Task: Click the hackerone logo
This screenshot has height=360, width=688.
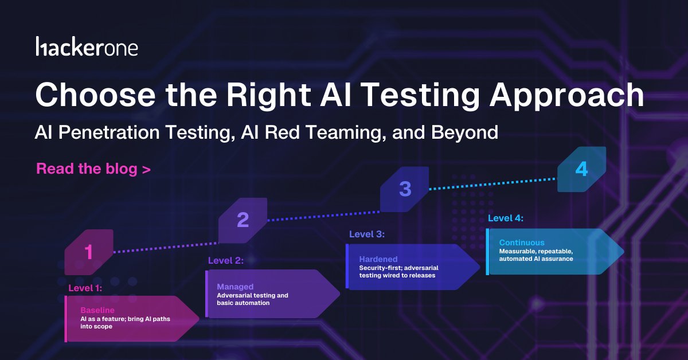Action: (87, 47)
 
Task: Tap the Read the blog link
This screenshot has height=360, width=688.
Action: (93, 169)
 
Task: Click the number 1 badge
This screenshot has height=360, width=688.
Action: (89, 252)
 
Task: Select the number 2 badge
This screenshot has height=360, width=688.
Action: (243, 220)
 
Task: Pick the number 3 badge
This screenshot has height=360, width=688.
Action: (405, 189)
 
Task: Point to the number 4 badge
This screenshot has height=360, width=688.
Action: (581, 169)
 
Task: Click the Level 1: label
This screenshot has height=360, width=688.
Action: (85, 288)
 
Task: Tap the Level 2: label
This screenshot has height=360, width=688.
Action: (225, 260)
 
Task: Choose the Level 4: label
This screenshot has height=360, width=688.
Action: (505, 218)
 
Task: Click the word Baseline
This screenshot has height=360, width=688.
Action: (97, 310)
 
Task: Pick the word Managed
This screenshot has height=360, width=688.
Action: (235, 287)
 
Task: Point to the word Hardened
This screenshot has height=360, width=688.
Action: (378, 259)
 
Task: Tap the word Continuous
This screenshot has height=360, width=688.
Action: (522, 242)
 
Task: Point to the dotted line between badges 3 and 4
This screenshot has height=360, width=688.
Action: (492, 183)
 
